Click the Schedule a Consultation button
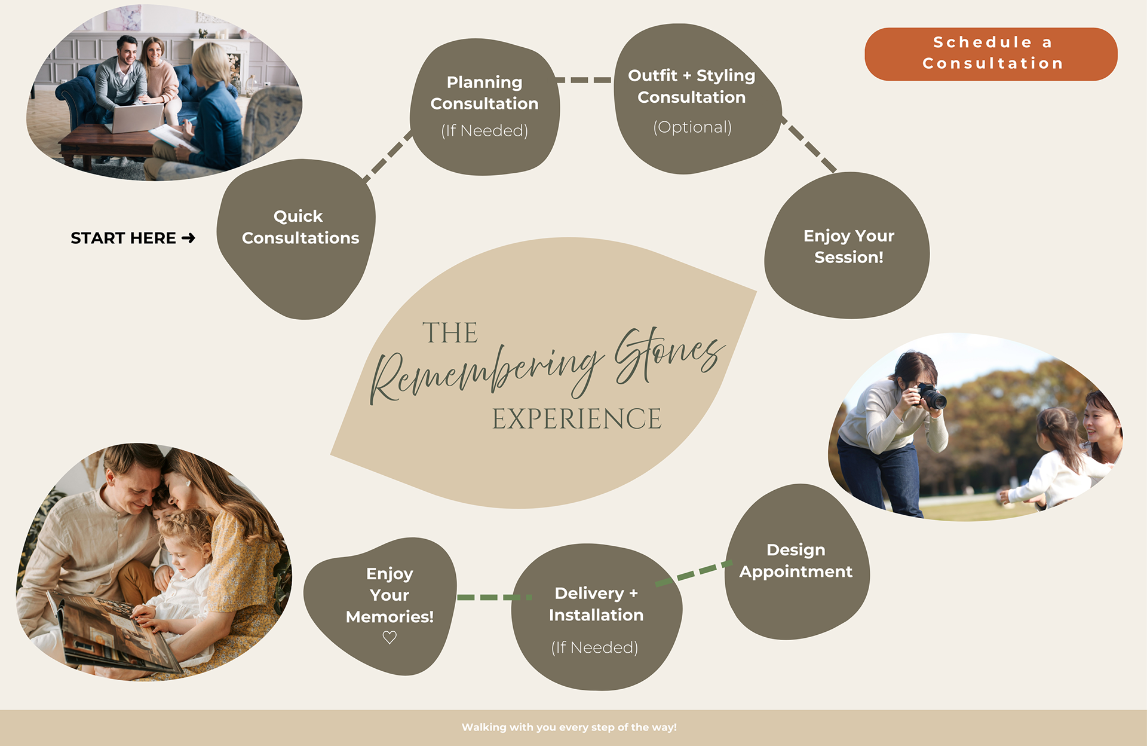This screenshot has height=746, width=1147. pos(990,54)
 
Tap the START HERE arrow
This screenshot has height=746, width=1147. pos(189,238)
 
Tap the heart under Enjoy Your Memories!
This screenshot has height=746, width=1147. pos(390,637)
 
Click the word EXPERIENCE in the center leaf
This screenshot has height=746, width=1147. pos(576,419)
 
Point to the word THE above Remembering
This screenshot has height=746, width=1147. pos(450,333)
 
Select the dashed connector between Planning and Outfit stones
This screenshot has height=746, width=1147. pos(584,80)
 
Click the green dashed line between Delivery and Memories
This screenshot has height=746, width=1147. pos(493,597)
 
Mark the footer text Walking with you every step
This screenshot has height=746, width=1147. pos(569,727)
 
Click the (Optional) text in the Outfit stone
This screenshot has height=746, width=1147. pos(692,127)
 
